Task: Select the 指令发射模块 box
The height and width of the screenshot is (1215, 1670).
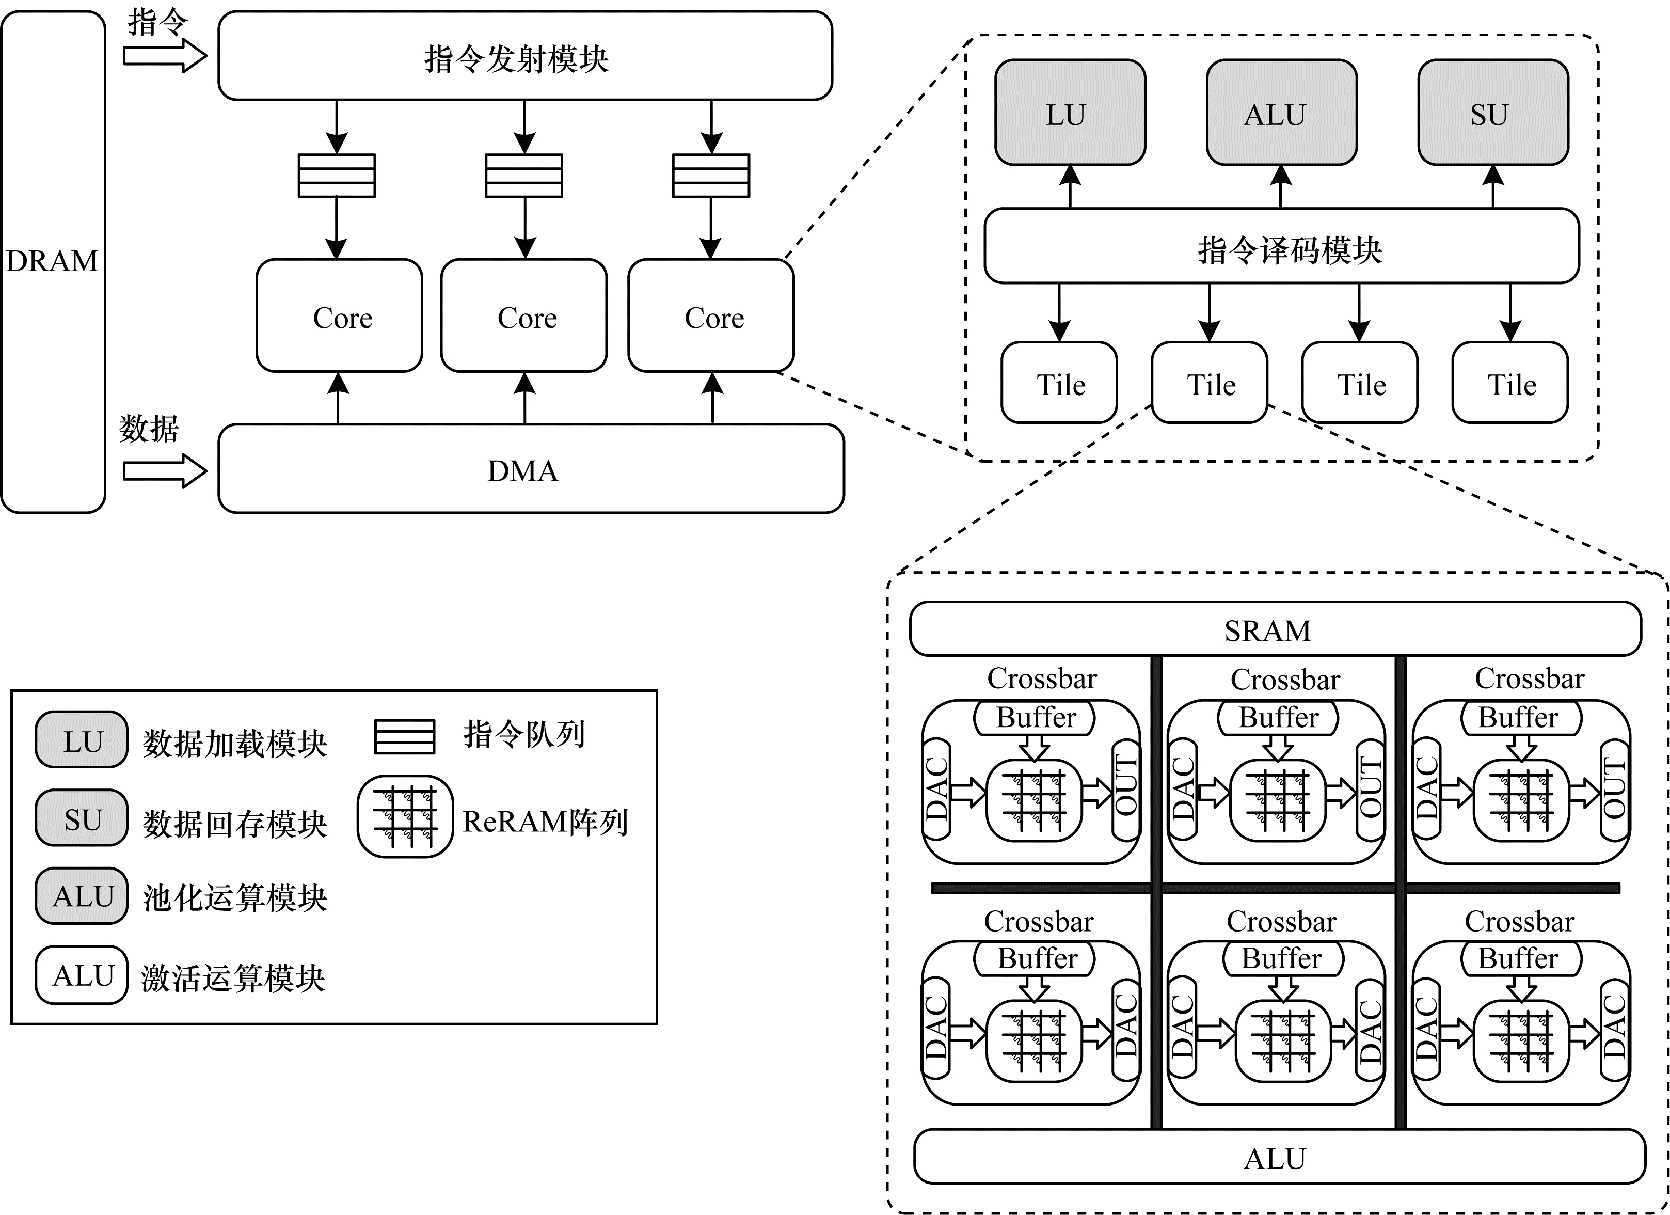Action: [525, 56]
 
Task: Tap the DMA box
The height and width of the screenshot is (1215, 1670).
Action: [530, 469]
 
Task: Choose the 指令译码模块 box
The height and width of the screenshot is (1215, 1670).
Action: [1281, 246]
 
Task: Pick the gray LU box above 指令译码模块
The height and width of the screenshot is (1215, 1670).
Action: [1070, 113]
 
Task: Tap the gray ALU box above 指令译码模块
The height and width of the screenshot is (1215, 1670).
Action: [1281, 113]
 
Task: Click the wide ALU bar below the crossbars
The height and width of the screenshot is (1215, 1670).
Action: [1279, 1157]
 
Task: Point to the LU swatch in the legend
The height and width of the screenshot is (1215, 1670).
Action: [82, 740]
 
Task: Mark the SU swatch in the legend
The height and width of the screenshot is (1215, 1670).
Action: [82, 818]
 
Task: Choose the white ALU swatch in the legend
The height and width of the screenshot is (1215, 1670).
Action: [82, 975]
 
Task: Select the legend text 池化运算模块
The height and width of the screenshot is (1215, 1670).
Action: [235, 897]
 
